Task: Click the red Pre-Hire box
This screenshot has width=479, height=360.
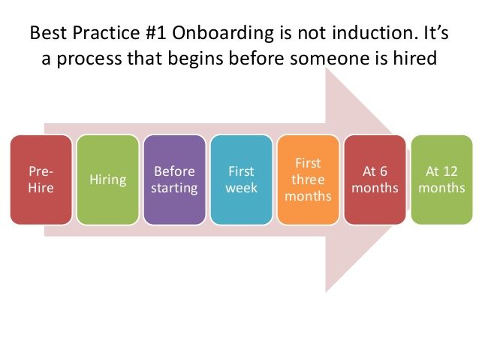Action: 41,180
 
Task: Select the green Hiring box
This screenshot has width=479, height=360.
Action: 108,180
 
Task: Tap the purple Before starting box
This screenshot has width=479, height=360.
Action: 174,180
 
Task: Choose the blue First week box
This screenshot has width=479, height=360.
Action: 241,180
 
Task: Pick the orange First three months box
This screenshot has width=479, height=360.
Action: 309,180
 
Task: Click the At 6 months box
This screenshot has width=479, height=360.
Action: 375,180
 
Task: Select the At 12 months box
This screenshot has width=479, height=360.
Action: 441,180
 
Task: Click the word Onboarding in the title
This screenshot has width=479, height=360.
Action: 223,34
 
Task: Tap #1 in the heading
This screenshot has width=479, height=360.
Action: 156,32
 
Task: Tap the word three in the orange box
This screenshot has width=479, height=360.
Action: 308,180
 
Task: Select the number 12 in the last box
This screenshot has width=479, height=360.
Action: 450,171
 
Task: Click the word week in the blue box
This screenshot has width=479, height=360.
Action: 241,188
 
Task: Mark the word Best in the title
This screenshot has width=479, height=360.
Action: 48,32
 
